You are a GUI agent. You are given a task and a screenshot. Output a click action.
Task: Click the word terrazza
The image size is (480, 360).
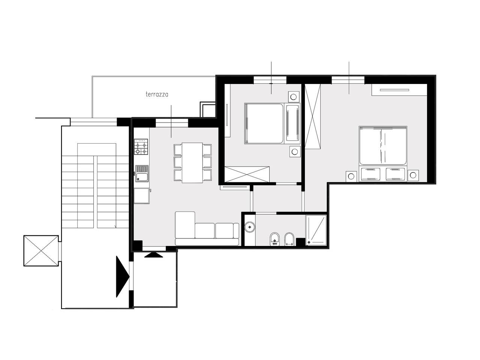point(157,94)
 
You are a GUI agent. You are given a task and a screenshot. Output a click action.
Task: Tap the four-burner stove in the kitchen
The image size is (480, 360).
point(141,147)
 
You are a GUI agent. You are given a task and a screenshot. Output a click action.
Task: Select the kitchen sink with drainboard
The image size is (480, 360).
point(142,174)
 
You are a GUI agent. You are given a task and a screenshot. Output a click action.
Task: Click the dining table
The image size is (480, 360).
point(192,163)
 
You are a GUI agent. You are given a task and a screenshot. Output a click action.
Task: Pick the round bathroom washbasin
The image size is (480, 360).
point(249,227)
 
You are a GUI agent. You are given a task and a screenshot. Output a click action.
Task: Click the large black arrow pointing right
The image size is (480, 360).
point(123,277)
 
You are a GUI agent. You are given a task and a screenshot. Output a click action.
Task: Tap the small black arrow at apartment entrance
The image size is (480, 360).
point(153,255)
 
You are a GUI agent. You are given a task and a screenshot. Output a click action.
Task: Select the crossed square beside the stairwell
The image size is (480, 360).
point(41,251)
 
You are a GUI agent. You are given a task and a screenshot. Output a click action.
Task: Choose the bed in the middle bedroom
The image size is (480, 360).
point(272,123)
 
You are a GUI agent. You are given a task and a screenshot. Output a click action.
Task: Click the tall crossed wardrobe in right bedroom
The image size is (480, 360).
point(313,116)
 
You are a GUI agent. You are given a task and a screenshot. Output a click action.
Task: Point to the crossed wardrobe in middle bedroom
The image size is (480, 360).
point(247,174)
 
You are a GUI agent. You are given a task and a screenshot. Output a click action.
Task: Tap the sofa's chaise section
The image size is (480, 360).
point(185,225)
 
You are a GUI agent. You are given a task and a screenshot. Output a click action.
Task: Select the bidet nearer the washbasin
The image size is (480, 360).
point(274,239)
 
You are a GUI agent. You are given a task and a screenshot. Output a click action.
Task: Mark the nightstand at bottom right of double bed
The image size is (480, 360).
point(413,175)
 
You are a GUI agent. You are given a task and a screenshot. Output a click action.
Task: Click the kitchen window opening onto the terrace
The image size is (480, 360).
point(172,123)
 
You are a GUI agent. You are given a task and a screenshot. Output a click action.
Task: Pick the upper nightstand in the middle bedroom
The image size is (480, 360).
point(294,97)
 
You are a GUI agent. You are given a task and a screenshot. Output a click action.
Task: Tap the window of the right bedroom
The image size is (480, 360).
point(348,79)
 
